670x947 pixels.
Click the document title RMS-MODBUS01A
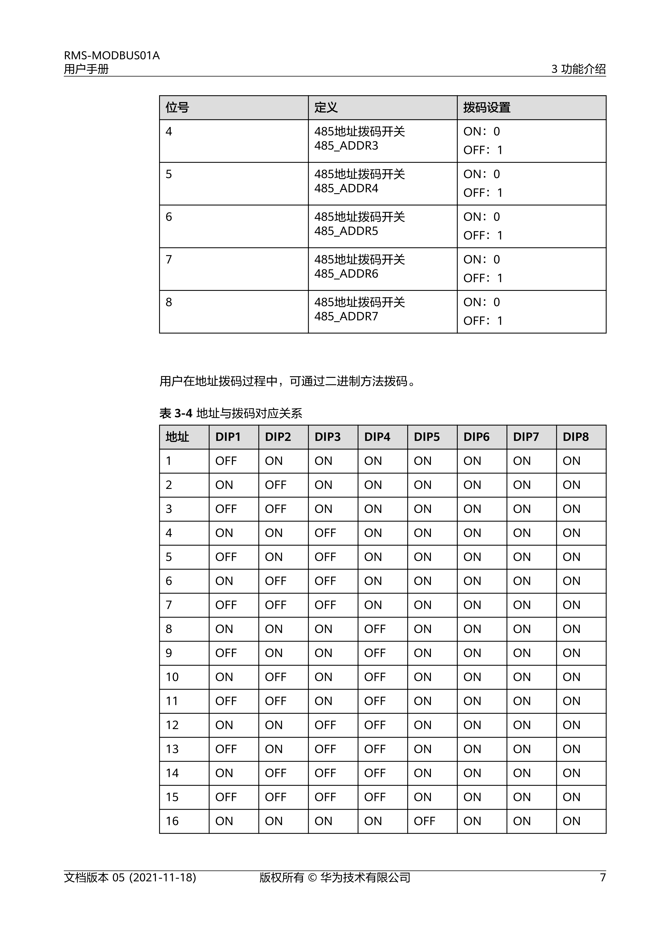pos(111,56)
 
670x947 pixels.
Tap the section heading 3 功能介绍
pos(578,69)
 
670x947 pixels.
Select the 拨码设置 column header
pos(487,108)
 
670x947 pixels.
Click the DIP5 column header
pos(427,437)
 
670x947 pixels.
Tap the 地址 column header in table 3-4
pos(177,437)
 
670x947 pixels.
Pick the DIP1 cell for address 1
pos(226,461)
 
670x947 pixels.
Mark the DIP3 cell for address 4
pos(325,533)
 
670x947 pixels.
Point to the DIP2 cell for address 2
pos(275,485)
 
